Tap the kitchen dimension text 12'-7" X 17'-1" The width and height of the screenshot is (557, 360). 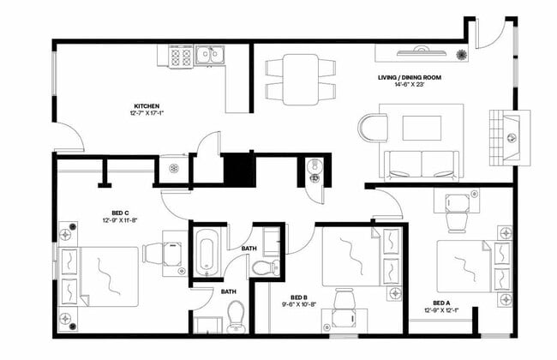[145, 111]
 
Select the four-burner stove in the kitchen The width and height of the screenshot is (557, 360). [182, 57]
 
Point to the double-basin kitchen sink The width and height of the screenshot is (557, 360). [207, 57]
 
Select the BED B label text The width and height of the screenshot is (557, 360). [299, 295]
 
